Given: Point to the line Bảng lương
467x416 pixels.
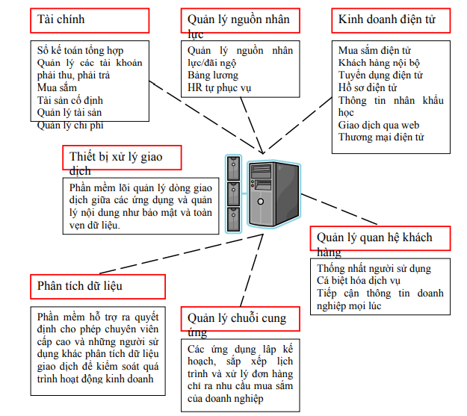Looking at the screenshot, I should [x=213, y=75].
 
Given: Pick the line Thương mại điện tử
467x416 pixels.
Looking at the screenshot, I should [x=381, y=137].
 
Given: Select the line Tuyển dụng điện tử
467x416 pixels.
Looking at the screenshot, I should [x=380, y=75].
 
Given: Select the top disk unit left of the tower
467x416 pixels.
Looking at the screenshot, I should [x=233, y=165].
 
